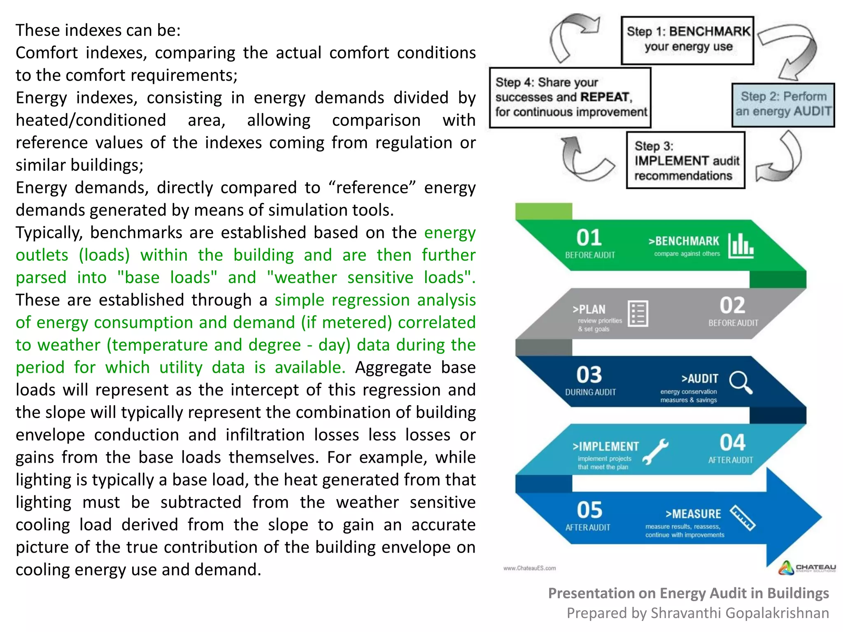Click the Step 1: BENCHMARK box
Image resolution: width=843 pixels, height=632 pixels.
(x=687, y=40)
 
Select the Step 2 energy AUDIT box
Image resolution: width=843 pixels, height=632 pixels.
(x=783, y=105)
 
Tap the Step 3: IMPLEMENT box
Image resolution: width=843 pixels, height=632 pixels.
(x=685, y=160)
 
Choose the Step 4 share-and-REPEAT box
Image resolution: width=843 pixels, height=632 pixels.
(x=570, y=98)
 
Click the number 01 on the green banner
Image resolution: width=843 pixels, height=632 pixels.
(x=589, y=238)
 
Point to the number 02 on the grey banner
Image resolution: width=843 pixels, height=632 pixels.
(x=732, y=306)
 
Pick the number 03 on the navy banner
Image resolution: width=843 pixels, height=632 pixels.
(x=589, y=375)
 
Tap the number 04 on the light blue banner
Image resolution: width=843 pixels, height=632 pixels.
(x=732, y=443)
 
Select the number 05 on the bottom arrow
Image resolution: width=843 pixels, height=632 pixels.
(x=589, y=510)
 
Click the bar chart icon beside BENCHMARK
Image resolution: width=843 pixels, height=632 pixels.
(x=741, y=246)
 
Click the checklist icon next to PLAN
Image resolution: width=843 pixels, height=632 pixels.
(x=638, y=314)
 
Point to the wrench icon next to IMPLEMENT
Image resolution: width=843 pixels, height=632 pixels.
(x=655, y=451)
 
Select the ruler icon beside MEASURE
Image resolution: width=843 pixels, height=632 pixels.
(x=743, y=518)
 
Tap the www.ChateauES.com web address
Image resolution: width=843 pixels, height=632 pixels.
(x=529, y=568)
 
